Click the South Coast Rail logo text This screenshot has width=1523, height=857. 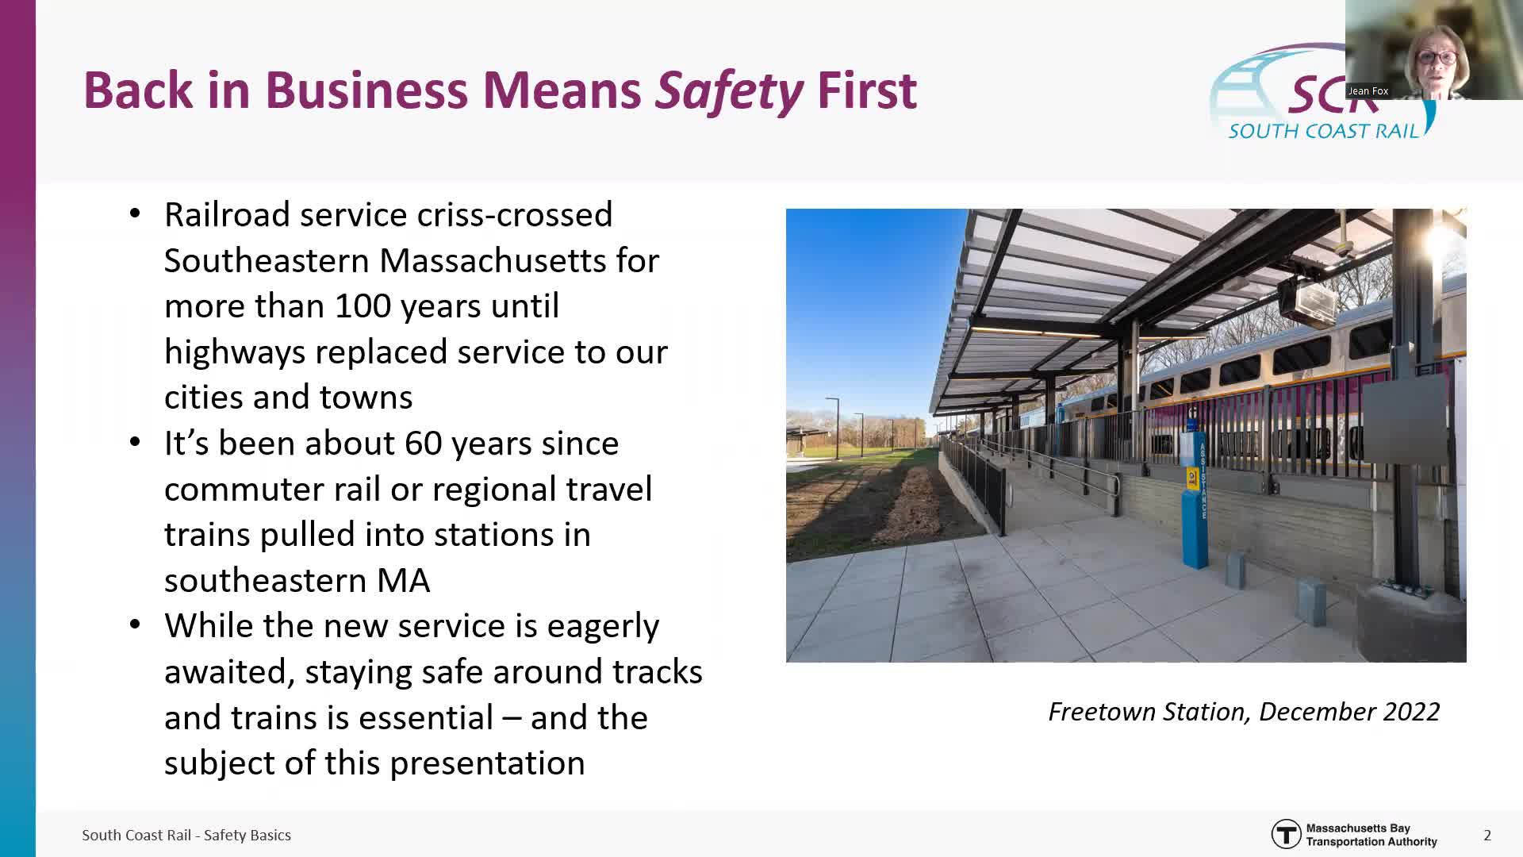tap(1323, 131)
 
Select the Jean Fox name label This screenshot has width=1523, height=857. tap(1368, 91)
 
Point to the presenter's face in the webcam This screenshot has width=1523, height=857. tap(1437, 60)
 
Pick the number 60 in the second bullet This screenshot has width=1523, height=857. tap(424, 444)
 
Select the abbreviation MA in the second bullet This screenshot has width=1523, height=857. tap(403, 581)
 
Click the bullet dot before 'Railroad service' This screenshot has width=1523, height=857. tap(135, 214)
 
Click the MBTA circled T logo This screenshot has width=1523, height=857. tap(1286, 835)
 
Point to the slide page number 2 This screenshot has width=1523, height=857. tap(1487, 836)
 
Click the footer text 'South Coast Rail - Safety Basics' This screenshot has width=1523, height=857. tap(186, 836)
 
